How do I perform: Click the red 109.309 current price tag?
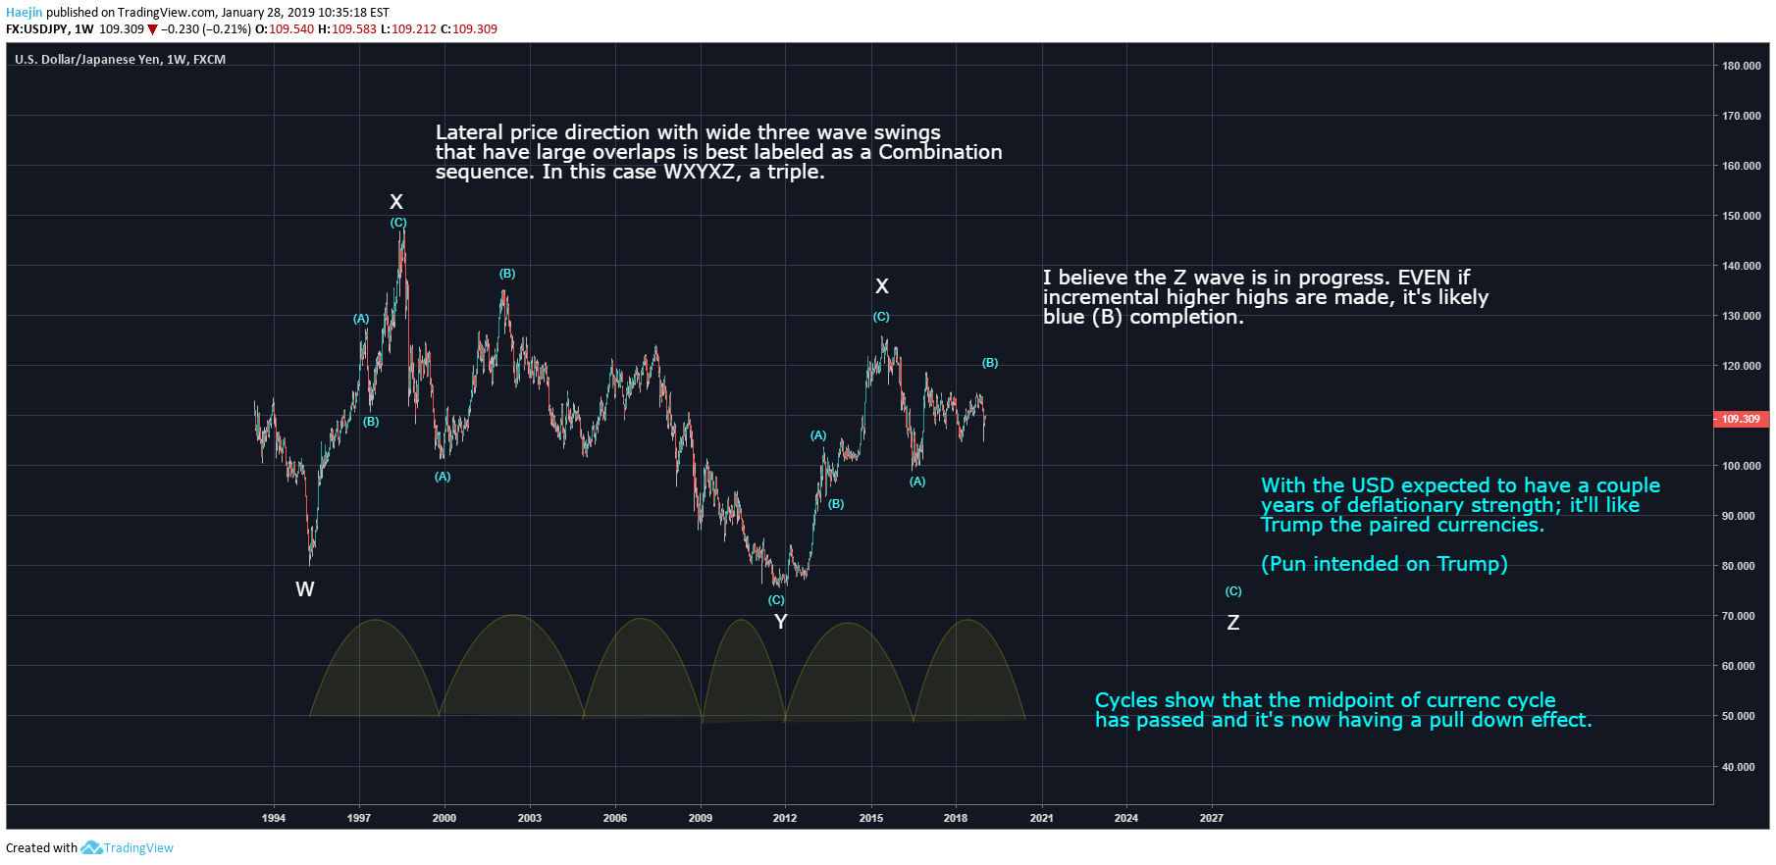point(1741,419)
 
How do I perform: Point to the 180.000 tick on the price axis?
point(1741,66)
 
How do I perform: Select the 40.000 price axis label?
point(1739,767)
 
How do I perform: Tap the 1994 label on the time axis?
point(274,818)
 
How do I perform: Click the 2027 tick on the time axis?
point(1211,818)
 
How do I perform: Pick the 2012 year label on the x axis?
point(785,818)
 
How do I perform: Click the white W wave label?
point(305,589)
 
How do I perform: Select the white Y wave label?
point(781,622)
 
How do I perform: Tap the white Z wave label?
point(1233,623)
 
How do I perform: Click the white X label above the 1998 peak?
point(396,202)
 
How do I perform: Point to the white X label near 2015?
point(882,286)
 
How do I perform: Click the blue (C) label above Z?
point(1233,591)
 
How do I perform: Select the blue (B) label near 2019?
point(990,363)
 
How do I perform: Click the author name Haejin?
point(25,13)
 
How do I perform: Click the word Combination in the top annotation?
point(940,152)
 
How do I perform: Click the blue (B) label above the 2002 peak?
point(507,274)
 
